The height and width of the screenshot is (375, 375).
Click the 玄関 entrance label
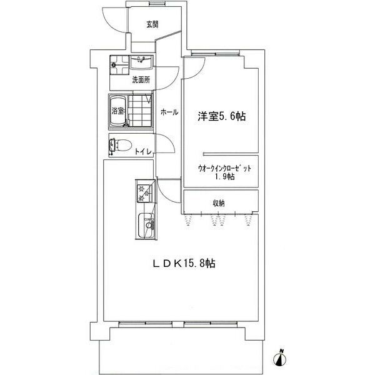152,24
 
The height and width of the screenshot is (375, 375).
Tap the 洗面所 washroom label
141,80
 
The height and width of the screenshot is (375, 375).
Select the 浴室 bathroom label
118,111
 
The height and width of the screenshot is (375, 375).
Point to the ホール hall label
169,112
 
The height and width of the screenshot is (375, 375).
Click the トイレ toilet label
143,152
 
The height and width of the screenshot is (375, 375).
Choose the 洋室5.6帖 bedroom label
221,116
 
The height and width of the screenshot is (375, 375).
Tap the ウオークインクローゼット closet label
224,168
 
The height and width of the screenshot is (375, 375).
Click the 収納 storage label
219,203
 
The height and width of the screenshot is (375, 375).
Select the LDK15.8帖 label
184,264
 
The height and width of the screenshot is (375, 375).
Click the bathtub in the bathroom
117,111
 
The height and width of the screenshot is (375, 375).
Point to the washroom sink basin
141,62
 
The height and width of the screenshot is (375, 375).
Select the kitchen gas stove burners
145,193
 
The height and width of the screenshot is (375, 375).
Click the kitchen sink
146,225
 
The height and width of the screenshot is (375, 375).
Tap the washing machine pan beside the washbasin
119,65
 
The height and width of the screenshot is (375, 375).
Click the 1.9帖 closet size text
224,176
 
